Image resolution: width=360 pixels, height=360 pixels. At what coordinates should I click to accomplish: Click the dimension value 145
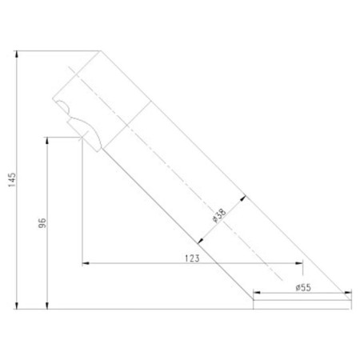tap(12, 180)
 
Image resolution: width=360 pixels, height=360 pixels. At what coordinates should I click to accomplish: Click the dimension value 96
tap(42, 223)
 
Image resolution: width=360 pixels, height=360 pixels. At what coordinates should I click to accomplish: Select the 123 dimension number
tap(192, 258)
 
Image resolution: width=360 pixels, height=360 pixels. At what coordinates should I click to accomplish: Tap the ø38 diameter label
tap(219, 215)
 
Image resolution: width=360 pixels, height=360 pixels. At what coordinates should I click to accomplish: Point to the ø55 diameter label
tap(303, 287)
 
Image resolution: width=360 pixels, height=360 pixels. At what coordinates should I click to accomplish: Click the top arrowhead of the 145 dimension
tap(17, 54)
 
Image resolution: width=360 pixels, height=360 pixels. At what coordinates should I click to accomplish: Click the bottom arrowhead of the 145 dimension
tap(17, 306)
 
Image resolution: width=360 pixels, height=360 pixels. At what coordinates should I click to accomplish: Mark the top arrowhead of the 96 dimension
tap(47, 141)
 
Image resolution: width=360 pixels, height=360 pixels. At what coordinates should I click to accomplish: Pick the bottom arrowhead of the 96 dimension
tap(47, 306)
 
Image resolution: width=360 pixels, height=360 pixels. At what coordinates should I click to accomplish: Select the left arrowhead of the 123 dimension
tap(86, 263)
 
